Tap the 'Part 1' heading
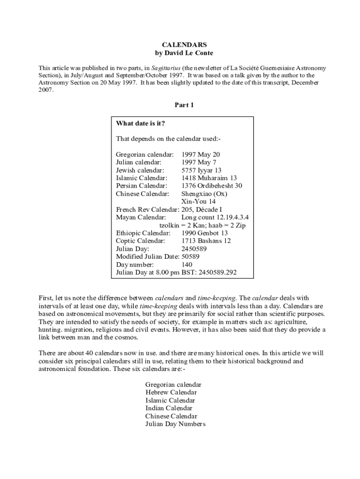(184, 105)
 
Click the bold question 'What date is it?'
(140, 123)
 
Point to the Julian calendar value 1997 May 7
(199, 162)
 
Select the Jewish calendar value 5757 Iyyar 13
(202, 170)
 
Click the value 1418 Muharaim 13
(209, 178)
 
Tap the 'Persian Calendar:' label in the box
(142, 186)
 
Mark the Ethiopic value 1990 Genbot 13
(204, 233)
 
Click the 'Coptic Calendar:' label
(140, 241)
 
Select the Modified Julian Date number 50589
(190, 256)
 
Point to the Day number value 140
(187, 264)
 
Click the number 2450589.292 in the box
(218, 272)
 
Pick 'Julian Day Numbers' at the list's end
(175, 424)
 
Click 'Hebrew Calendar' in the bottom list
(171, 392)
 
